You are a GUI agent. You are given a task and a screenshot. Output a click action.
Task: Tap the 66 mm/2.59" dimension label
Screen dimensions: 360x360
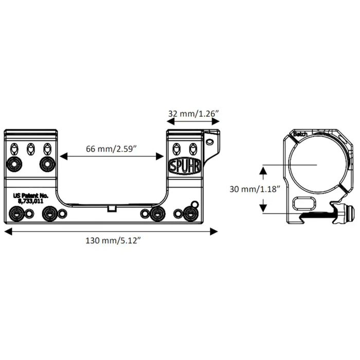tap(111, 149)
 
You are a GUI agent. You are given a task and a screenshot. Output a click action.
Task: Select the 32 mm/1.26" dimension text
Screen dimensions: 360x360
tap(193, 113)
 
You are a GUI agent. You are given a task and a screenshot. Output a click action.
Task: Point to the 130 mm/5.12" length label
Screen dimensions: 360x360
tap(111, 241)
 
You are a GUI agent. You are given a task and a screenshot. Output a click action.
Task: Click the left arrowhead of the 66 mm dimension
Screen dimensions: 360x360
tap(62, 155)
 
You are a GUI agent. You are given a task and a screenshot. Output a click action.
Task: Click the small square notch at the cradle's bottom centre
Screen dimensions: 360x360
tap(111, 208)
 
